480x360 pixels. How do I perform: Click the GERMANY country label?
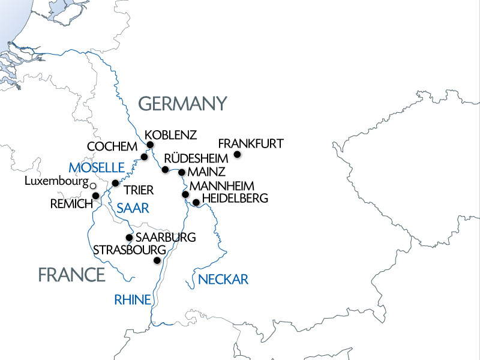(x=183, y=103)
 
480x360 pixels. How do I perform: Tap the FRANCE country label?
(x=71, y=275)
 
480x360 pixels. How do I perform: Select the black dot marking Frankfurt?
(x=237, y=155)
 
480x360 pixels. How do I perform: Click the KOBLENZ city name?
(x=171, y=134)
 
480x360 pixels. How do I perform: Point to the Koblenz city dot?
(x=150, y=145)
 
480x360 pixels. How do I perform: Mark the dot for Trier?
(x=116, y=183)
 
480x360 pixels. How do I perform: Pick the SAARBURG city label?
(x=166, y=237)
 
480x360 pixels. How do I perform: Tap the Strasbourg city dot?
(x=157, y=260)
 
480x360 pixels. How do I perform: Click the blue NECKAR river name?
(x=223, y=279)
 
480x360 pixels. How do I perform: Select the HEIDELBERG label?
(x=235, y=198)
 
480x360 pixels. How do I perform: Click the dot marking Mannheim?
(x=185, y=194)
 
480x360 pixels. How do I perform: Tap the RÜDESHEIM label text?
(x=197, y=158)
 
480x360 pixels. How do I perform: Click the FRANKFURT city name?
(x=250, y=144)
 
